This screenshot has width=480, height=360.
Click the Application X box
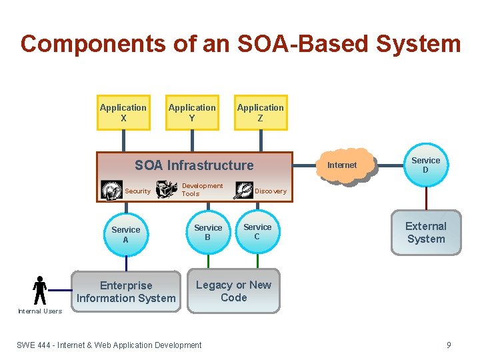pyautogui.click(x=123, y=112)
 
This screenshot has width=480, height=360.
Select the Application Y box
pyautogui.click(x=192, y=112)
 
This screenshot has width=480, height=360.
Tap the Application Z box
pyautogui.click(x=261, y=112)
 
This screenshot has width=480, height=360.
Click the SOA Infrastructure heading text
pyautogui.click(x=194, y=165)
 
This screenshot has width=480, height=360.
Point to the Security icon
pyautogui.click(x=111, y=190)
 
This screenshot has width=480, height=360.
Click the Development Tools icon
pyautogui.click(x=167, y=190)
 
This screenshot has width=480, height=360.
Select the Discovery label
pyautogui.click(x=271, y=191)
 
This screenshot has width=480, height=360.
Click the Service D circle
pyautogui.click(x=425, y=165)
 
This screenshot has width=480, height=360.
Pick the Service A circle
pyautogui.click(x=125, y=235)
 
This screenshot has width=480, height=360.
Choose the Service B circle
pyautogui.click(x=208, y=233)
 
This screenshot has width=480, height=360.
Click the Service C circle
pyautogui.click(x=257, y=232)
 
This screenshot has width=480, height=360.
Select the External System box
pyautogui.click(x=426, y=233)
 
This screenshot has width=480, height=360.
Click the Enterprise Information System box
pyautogui.click(x=126, y=292)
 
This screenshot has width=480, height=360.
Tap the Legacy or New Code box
pyautogui.click(x=233, y=291)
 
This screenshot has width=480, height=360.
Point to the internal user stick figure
pyautogui.click(x=39, y=290)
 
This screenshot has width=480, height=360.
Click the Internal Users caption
pyautogui.click(x=39, y=311)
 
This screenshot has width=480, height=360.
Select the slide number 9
pyautogui.click(x=449, y=345)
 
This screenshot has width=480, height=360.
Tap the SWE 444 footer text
pyautogui.click(x=109, y=345)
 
